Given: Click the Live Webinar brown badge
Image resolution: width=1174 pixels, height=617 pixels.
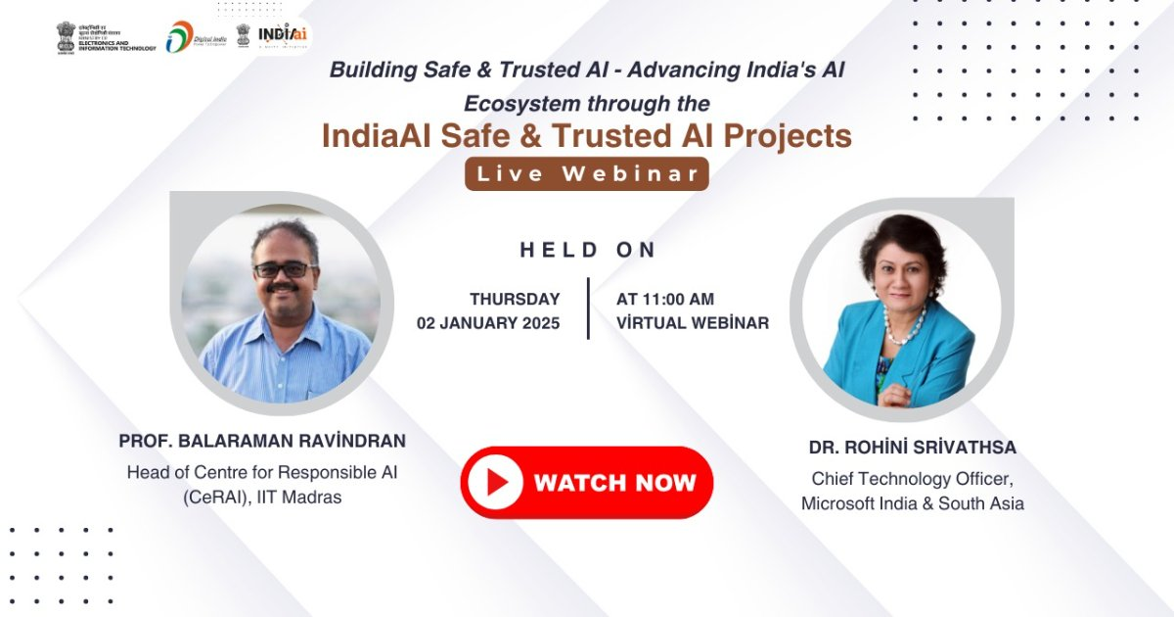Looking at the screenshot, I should tap(586, 174).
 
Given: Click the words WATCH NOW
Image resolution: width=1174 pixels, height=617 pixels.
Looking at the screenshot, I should tap(614, 482).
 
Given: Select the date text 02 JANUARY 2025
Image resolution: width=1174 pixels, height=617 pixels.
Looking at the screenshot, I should tap(488, 323).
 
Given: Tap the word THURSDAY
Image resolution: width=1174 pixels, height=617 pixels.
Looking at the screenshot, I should tap(515, 300).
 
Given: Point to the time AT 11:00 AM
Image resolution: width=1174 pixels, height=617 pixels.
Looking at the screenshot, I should tap(665, 300).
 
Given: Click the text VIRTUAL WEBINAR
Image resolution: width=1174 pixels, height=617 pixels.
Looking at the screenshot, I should tap(693, 323).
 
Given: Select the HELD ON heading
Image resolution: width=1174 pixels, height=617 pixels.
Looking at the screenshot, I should tap(588, 250).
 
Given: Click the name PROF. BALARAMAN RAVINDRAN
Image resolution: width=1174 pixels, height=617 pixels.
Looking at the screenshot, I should tap(262, 441).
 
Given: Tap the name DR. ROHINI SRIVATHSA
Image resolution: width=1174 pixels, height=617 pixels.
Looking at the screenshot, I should tap(912, 448).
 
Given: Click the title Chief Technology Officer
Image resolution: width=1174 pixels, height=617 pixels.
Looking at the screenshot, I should tap(912, 479).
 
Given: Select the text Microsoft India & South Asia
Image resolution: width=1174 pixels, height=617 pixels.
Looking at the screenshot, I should tap(912, 503).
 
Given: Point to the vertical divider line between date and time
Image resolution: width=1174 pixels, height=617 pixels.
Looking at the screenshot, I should tap(588, 308).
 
